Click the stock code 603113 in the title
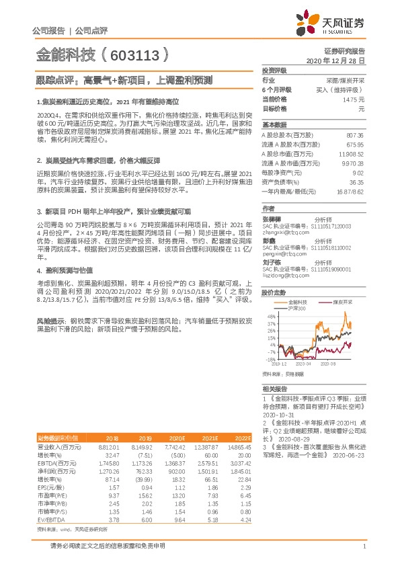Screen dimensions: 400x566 pos(135,55)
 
